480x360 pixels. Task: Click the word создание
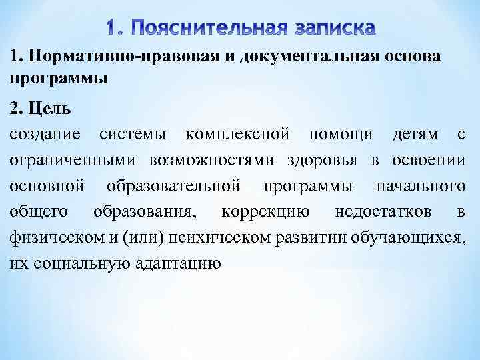click(46, 135)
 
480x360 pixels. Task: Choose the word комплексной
click(238, 135)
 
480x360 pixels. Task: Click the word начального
click(421, 186)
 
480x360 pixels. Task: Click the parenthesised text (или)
click(144, 237)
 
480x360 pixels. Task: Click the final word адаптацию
click(178, 263)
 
